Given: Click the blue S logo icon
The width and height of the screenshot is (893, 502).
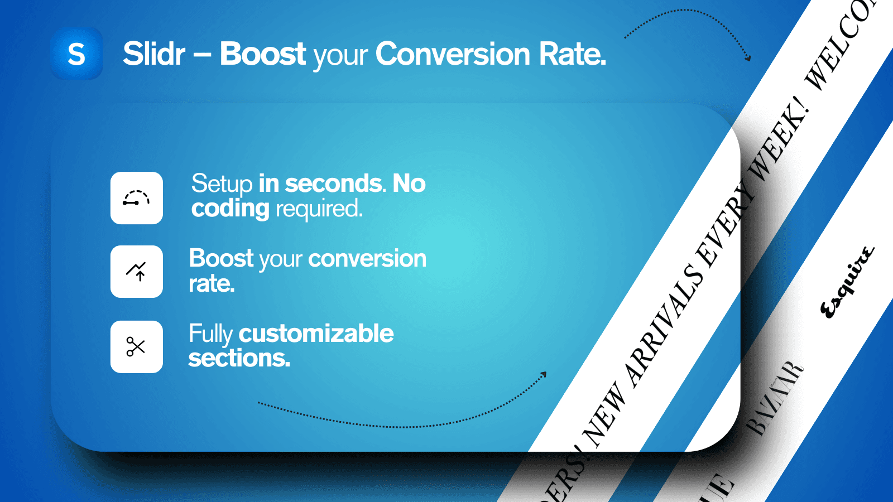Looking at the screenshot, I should pos(76,54).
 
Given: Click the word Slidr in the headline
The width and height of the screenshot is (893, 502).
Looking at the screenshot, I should pos(153,54).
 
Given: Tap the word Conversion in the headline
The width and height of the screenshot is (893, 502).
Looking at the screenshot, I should pos(453,54).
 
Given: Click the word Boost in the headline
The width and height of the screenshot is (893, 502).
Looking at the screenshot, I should pos(262,54).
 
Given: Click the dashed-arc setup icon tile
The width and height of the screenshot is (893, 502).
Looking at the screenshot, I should pos(137,198).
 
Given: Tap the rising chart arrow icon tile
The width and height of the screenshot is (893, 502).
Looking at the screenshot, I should pos(137,272).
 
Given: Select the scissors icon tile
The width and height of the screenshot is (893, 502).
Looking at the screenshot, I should pos(137,346).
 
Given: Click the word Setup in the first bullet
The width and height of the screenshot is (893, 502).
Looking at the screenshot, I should pos(222,184).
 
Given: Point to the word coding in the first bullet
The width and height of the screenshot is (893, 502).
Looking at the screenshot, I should pos(230,209).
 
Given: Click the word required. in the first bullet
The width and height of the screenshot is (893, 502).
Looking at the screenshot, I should pos(319,209).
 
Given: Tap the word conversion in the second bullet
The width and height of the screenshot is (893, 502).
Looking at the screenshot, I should pos(367,259).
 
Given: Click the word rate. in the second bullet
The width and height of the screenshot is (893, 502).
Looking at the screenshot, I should pos(212,284).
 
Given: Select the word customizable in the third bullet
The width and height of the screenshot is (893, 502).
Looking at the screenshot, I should pos(316,334).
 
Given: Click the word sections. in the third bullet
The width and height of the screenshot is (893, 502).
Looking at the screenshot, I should pos(239,359).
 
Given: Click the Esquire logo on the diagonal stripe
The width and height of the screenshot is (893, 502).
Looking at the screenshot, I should pos(847,282).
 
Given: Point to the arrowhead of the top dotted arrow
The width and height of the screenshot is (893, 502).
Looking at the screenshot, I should pos(748,57).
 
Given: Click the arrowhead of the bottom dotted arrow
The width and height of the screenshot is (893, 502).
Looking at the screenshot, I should pos(544,375).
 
